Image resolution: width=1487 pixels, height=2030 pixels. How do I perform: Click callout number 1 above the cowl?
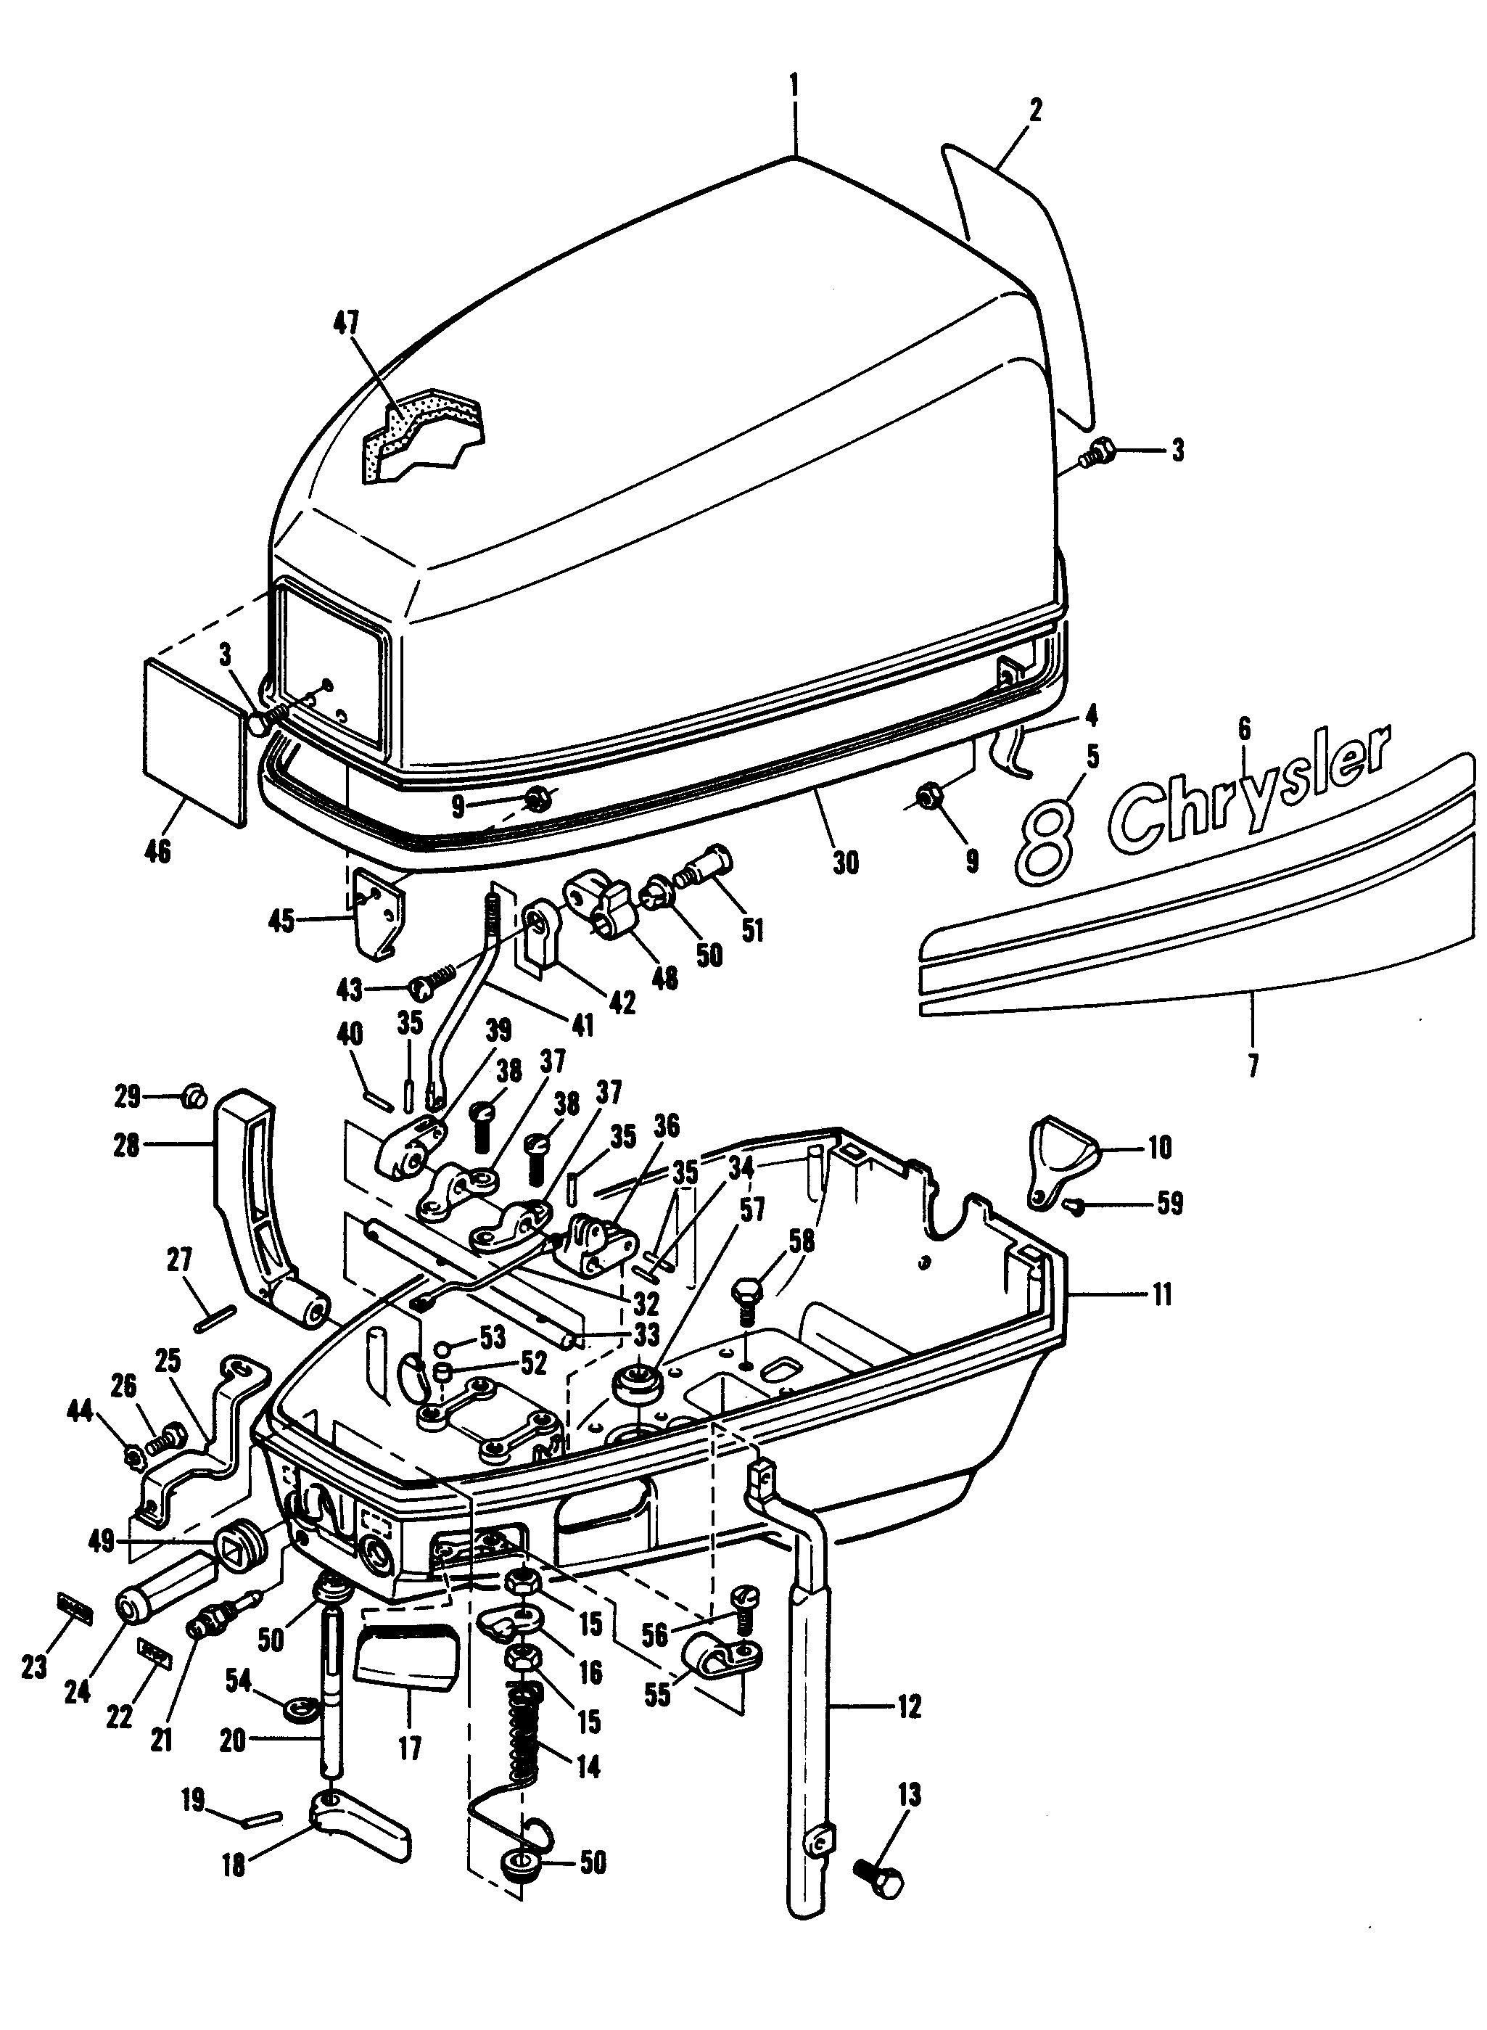pos(794,86)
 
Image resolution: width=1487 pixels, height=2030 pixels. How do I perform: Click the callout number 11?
pos(1162,1296)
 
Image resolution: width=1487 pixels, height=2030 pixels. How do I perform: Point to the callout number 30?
pos(845,863)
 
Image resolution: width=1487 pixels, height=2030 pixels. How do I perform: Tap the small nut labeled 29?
pos(194,1098)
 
